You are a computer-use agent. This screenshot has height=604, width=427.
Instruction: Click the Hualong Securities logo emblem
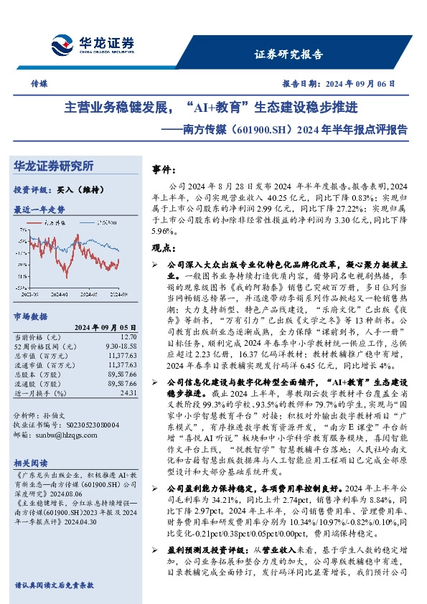(60, 42)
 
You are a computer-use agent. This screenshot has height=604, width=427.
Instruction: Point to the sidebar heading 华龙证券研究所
(54, 166)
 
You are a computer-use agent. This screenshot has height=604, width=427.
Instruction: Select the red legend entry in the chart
(54, 224)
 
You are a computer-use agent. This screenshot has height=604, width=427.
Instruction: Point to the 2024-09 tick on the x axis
(119, 293)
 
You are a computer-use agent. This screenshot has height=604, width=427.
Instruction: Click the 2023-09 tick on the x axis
(30, 293)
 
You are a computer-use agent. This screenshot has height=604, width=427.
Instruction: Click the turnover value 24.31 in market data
(128, 393)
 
